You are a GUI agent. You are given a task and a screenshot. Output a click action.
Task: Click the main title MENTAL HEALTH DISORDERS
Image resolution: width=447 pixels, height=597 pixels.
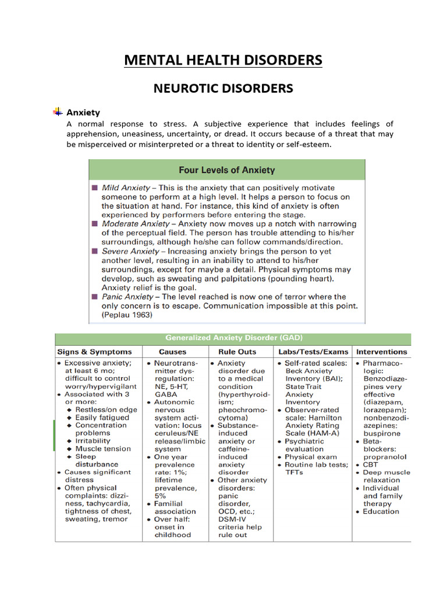223,60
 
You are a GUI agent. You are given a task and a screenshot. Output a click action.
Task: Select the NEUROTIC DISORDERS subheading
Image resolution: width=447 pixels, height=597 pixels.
223,89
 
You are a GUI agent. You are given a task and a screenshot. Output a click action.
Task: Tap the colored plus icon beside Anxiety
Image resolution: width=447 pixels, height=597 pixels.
58,111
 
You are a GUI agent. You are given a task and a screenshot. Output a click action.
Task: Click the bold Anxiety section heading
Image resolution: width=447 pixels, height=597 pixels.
83,113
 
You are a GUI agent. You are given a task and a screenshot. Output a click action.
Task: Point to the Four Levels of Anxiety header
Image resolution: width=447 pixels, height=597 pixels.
226,170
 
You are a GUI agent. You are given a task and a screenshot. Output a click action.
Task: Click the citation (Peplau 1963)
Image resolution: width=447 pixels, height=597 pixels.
127,315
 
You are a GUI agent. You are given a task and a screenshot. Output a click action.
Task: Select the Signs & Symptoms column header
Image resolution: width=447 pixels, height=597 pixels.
94,352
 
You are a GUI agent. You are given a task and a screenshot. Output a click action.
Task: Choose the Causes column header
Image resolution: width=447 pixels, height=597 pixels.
173,352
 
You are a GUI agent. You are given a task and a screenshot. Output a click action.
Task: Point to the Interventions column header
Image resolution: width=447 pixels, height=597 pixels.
382,352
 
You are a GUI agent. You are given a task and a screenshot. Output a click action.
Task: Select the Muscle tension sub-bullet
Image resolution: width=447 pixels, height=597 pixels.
102,448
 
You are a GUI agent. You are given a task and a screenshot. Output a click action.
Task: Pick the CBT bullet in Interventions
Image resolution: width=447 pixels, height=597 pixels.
371,465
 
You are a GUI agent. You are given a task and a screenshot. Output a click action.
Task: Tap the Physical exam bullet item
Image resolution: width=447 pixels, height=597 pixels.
310,457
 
